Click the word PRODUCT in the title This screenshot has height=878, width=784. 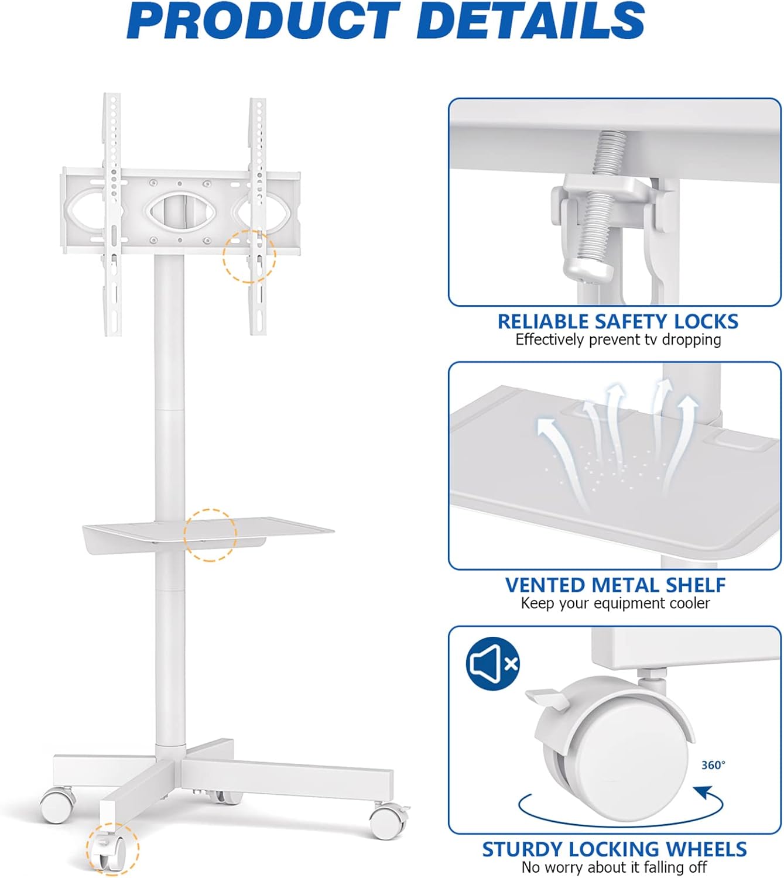point(263,20)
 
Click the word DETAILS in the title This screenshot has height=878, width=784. point(530,20)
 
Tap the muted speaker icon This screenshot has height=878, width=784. point(493,664)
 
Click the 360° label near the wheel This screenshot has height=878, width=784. point(713,766)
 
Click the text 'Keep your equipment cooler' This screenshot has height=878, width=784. point(615,603)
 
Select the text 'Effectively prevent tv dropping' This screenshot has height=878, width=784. point(618,339)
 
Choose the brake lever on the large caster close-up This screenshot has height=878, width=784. point(547,698)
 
